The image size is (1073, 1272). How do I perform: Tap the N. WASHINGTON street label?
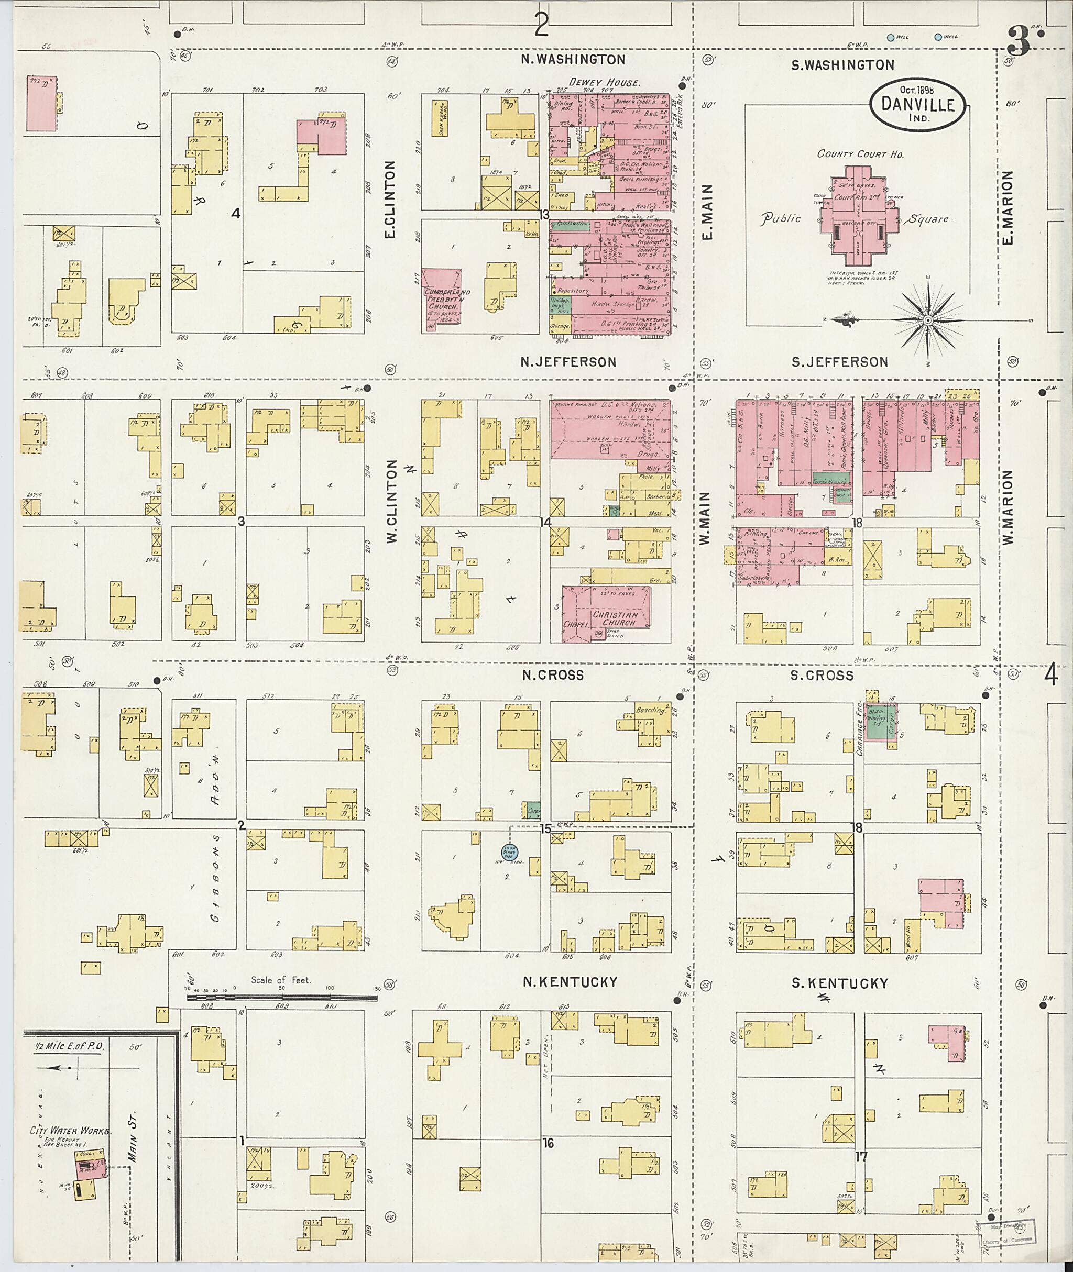point(574,60)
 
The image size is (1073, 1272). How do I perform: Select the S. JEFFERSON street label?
point(839,362)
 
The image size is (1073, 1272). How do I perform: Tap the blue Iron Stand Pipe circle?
point(509,852)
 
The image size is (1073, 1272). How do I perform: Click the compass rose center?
point(928,320)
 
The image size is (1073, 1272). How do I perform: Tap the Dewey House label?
point(604,82)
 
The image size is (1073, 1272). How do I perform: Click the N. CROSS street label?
point(552,675)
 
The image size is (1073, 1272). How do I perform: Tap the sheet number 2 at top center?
point(541,25)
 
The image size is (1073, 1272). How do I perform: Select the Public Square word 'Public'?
point(781,218)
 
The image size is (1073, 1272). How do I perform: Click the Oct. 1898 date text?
point(911,90)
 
